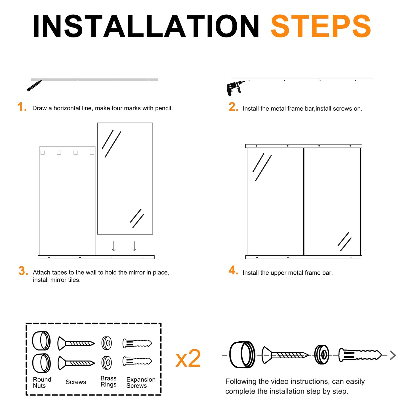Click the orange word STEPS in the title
(x=321, y=26)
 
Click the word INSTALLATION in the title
(x=146, y=26)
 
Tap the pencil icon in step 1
(x=34, y=85)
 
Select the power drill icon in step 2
(x=235, y=88)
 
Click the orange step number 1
(x=22, y=107)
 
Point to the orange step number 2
(x=234, y=107)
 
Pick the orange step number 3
(x=23, y=271)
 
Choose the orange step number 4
(x=234, y=270)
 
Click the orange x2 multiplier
(x=188, y=359)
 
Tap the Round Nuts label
(x=42, y=382)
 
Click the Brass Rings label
(x=108, y=382)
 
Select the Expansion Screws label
(x=141, y=382)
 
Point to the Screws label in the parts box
(x=76, y=382)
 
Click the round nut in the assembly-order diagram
(x=242, y=355)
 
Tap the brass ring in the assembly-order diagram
(x=321, y=355)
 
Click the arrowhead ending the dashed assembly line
(x=393, y=355)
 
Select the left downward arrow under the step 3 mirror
(x=113, y=246)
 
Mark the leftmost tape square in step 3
(x=43, y=153)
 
